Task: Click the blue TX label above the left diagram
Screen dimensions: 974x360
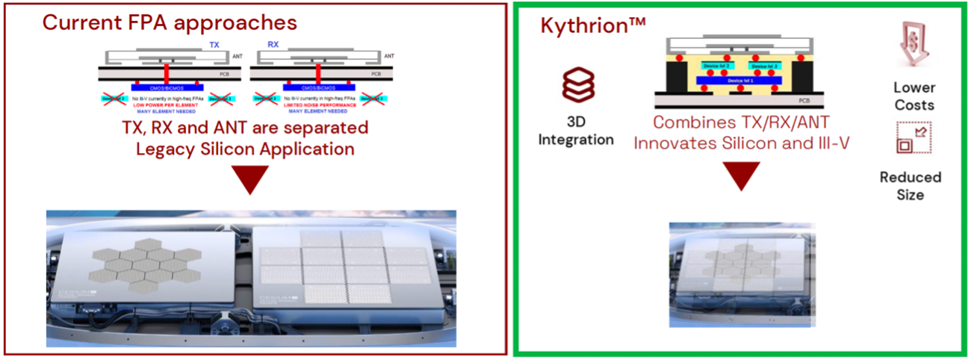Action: (x=214, y=46)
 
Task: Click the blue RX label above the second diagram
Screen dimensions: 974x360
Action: (x=273, y=46)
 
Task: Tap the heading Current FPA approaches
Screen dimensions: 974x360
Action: (x=170, y=22)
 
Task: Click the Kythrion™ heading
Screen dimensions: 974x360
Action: (x=593, y=25)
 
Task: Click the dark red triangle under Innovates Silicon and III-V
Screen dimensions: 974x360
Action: (x=741, y=177)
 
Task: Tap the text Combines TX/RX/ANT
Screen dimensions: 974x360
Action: (x=742, y=124)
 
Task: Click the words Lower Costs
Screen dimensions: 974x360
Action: (x=913, y=96)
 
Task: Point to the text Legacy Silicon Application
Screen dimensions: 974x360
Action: (x=245, y=149)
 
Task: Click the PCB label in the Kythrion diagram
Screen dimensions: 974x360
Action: (x=802, y=100)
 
